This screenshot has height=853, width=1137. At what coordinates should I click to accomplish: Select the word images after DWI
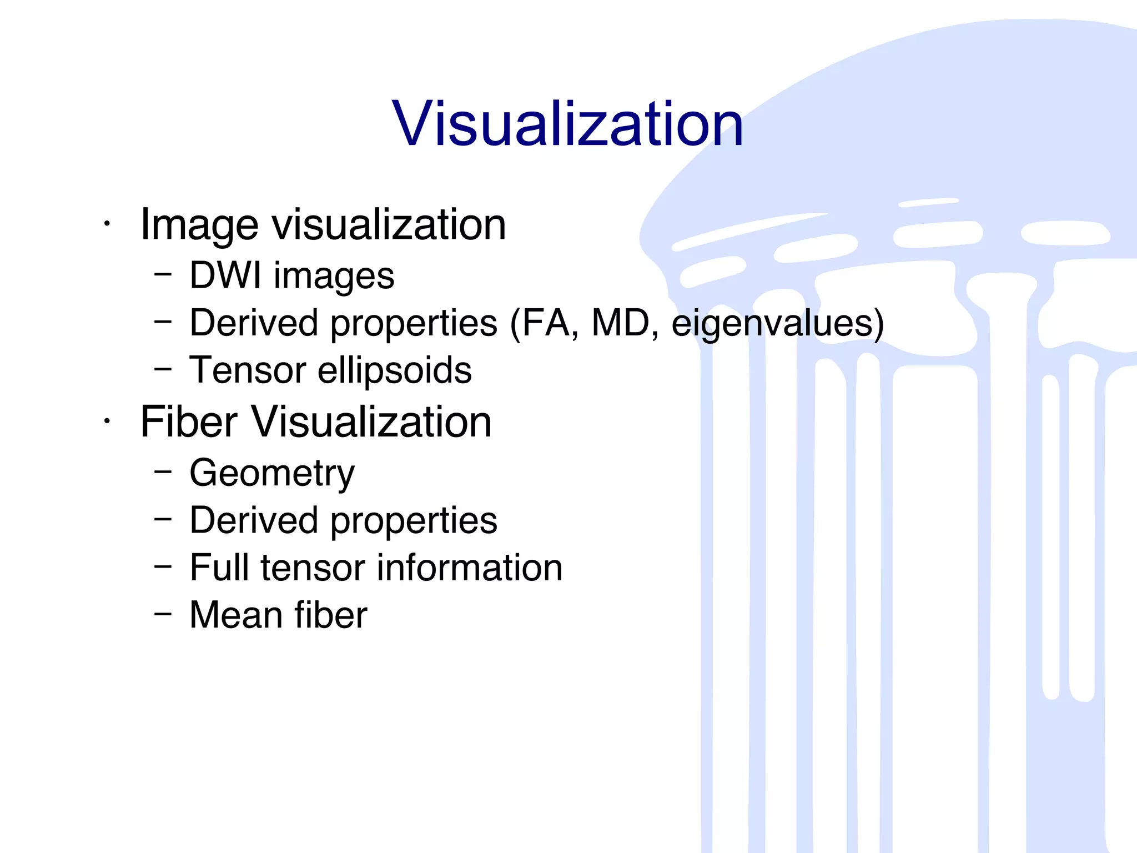334,276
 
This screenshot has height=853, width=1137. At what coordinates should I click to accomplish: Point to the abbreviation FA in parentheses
545,323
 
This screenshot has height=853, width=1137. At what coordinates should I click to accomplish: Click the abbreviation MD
621,323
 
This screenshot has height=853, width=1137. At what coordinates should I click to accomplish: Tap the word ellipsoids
394,370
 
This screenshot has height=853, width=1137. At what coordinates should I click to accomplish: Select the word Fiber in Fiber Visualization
189,422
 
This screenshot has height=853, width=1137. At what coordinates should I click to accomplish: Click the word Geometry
272,474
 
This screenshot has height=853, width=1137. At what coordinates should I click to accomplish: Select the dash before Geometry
163,471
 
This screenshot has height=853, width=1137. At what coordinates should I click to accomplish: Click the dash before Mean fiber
163,614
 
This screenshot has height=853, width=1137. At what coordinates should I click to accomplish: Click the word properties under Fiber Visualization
414,521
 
